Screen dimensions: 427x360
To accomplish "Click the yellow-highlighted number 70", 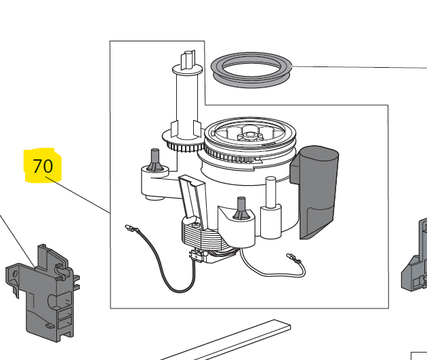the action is point(43,166).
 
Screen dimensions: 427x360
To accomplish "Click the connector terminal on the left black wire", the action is point(130,228).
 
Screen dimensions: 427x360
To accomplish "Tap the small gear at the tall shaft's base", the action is point(183,141).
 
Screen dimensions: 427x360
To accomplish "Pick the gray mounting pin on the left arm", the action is point(155,160).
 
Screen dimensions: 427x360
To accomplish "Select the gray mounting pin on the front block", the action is point(241,208).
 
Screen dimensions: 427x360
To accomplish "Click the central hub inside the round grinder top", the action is point(248,135).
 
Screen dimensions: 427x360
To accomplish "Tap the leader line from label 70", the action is point(78,195).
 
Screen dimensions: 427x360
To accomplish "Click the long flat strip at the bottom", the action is point(226,340).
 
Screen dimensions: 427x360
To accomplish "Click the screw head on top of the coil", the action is point(197,225).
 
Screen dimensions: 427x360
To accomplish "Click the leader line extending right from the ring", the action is point(359,67).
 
